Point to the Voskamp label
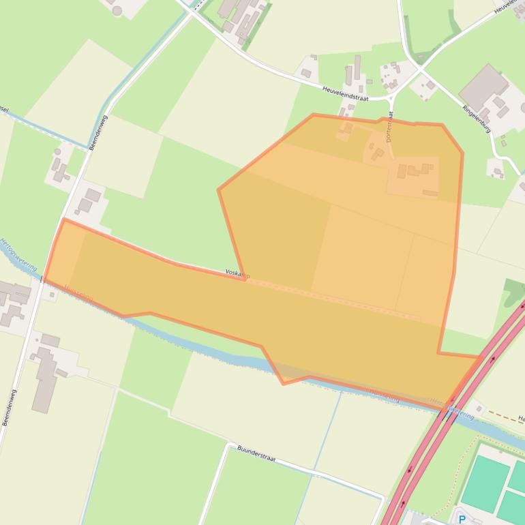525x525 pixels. (237, 274)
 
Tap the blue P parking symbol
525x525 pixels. (462, 520)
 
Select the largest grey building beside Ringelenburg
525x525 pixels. (483, 87)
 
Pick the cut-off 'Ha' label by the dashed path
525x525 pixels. (521, 418)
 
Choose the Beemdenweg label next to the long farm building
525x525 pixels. (10, 408)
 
